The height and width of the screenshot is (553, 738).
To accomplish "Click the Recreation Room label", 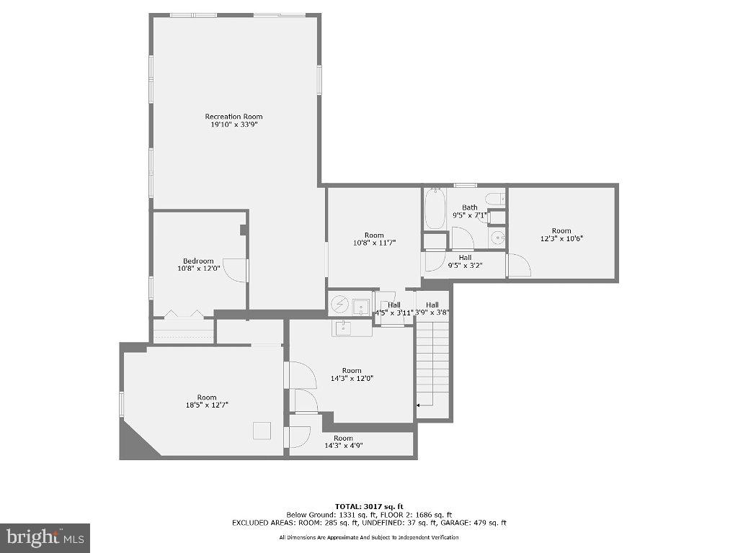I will point(234,120).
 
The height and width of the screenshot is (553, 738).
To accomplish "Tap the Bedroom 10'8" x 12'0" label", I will point(197,265).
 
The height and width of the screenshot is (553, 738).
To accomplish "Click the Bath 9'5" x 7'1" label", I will point(470,211).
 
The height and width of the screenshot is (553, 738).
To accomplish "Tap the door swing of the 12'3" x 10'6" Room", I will point(519,266).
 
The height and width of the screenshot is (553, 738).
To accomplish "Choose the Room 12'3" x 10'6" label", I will point(561,235).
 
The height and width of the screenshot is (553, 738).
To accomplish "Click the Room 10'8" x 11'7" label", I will point(374,239).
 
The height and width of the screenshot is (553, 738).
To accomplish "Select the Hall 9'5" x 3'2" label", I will point(465,261).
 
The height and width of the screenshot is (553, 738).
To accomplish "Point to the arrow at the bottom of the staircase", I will point(419,407).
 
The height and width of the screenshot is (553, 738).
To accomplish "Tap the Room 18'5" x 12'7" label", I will point(207,401).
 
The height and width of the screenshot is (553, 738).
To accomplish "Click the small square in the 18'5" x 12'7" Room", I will point(262,431).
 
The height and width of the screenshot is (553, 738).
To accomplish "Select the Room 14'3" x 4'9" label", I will point(343,441).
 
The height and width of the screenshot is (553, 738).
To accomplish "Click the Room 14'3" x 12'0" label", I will point(352,374).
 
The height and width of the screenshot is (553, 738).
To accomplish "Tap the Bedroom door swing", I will point(235,270).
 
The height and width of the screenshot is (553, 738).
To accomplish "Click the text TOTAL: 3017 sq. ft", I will point(368,506).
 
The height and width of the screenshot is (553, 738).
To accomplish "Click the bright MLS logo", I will point(45,537).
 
